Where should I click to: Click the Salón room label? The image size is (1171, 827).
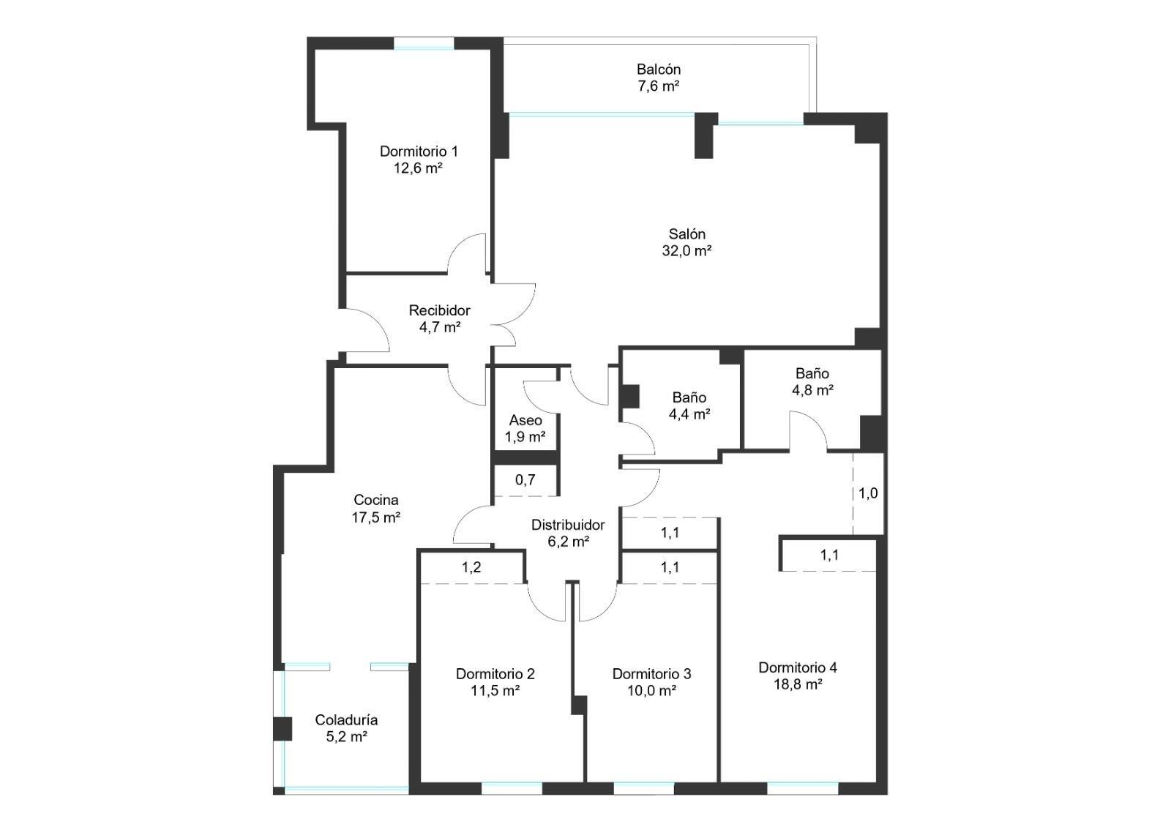[686, 242]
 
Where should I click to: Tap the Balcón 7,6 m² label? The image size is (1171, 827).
[658, 78]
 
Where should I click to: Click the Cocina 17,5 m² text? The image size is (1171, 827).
[376, 509]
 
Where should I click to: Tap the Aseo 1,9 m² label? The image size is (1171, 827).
[525, 428]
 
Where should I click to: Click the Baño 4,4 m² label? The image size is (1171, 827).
[689, 405]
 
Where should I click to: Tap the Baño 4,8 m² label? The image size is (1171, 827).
[812, 381]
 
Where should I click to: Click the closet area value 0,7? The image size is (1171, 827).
[525, 479]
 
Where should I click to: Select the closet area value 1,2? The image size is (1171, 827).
[471, 567]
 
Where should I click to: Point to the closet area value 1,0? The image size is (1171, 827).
[868, 493]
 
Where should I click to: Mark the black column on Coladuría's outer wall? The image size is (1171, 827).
[283, 729]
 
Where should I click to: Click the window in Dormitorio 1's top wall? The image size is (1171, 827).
[424, 44]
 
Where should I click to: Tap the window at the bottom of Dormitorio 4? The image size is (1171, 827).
[802, 788]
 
